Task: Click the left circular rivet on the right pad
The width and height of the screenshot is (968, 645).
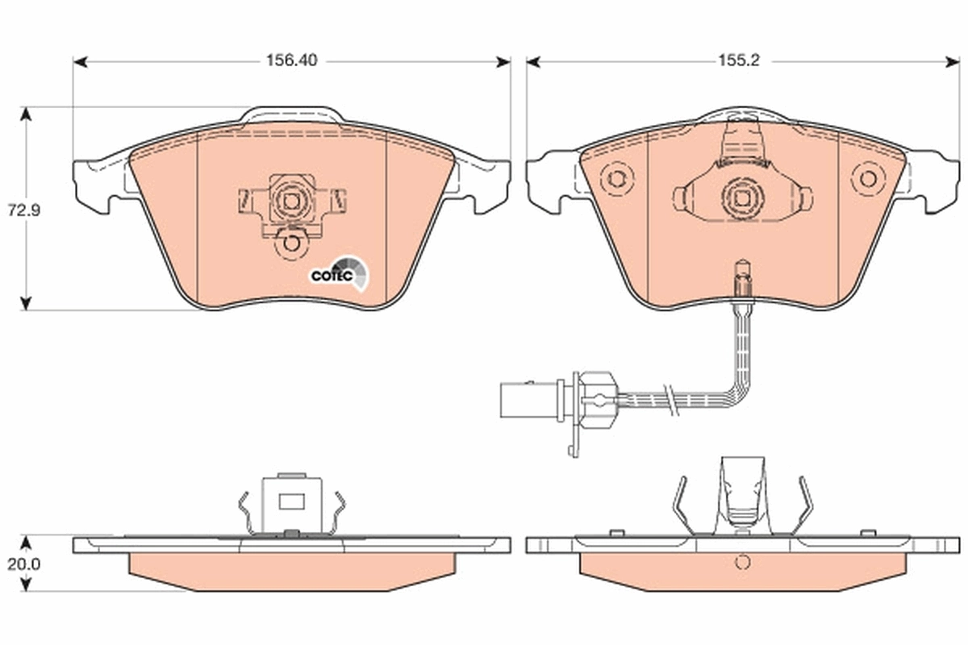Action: click(x=617, y=178)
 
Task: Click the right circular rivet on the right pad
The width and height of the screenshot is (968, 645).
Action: click(x=868, y=178)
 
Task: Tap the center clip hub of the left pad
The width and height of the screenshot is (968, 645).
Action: click(x=290, y=199)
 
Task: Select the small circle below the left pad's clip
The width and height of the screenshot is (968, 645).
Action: click(x=290, y=243)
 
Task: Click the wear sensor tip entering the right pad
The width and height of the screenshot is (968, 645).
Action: click(x=741, y=279)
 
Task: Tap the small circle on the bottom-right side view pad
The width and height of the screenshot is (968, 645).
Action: click(x=741, y=563)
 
